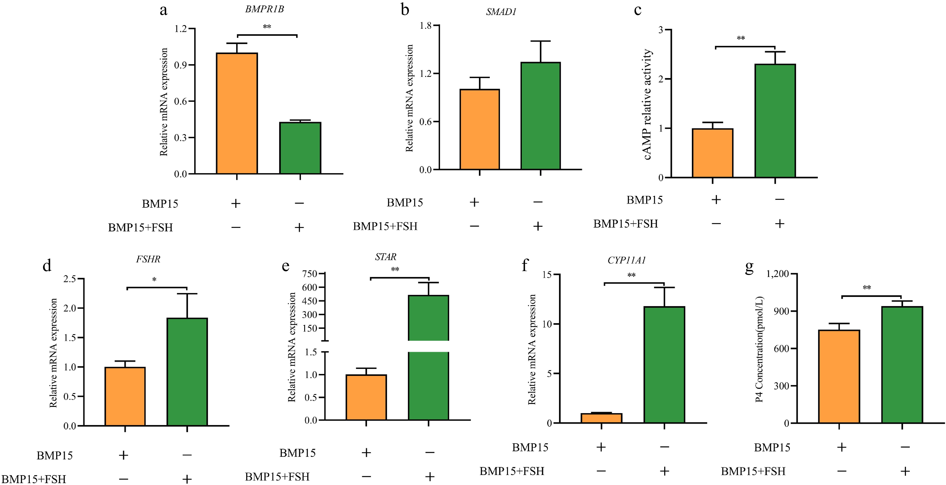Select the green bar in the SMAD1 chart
coord(541,116)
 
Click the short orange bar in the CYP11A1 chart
coord(601,418)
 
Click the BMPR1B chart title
coord(264,9)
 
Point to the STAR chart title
coord(386,257)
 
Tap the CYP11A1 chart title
coord(626,260)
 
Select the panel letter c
coord(638,10)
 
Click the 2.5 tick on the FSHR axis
coord(69,279)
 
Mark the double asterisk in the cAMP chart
coord(741,38)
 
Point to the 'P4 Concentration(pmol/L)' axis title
coord(759,349)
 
